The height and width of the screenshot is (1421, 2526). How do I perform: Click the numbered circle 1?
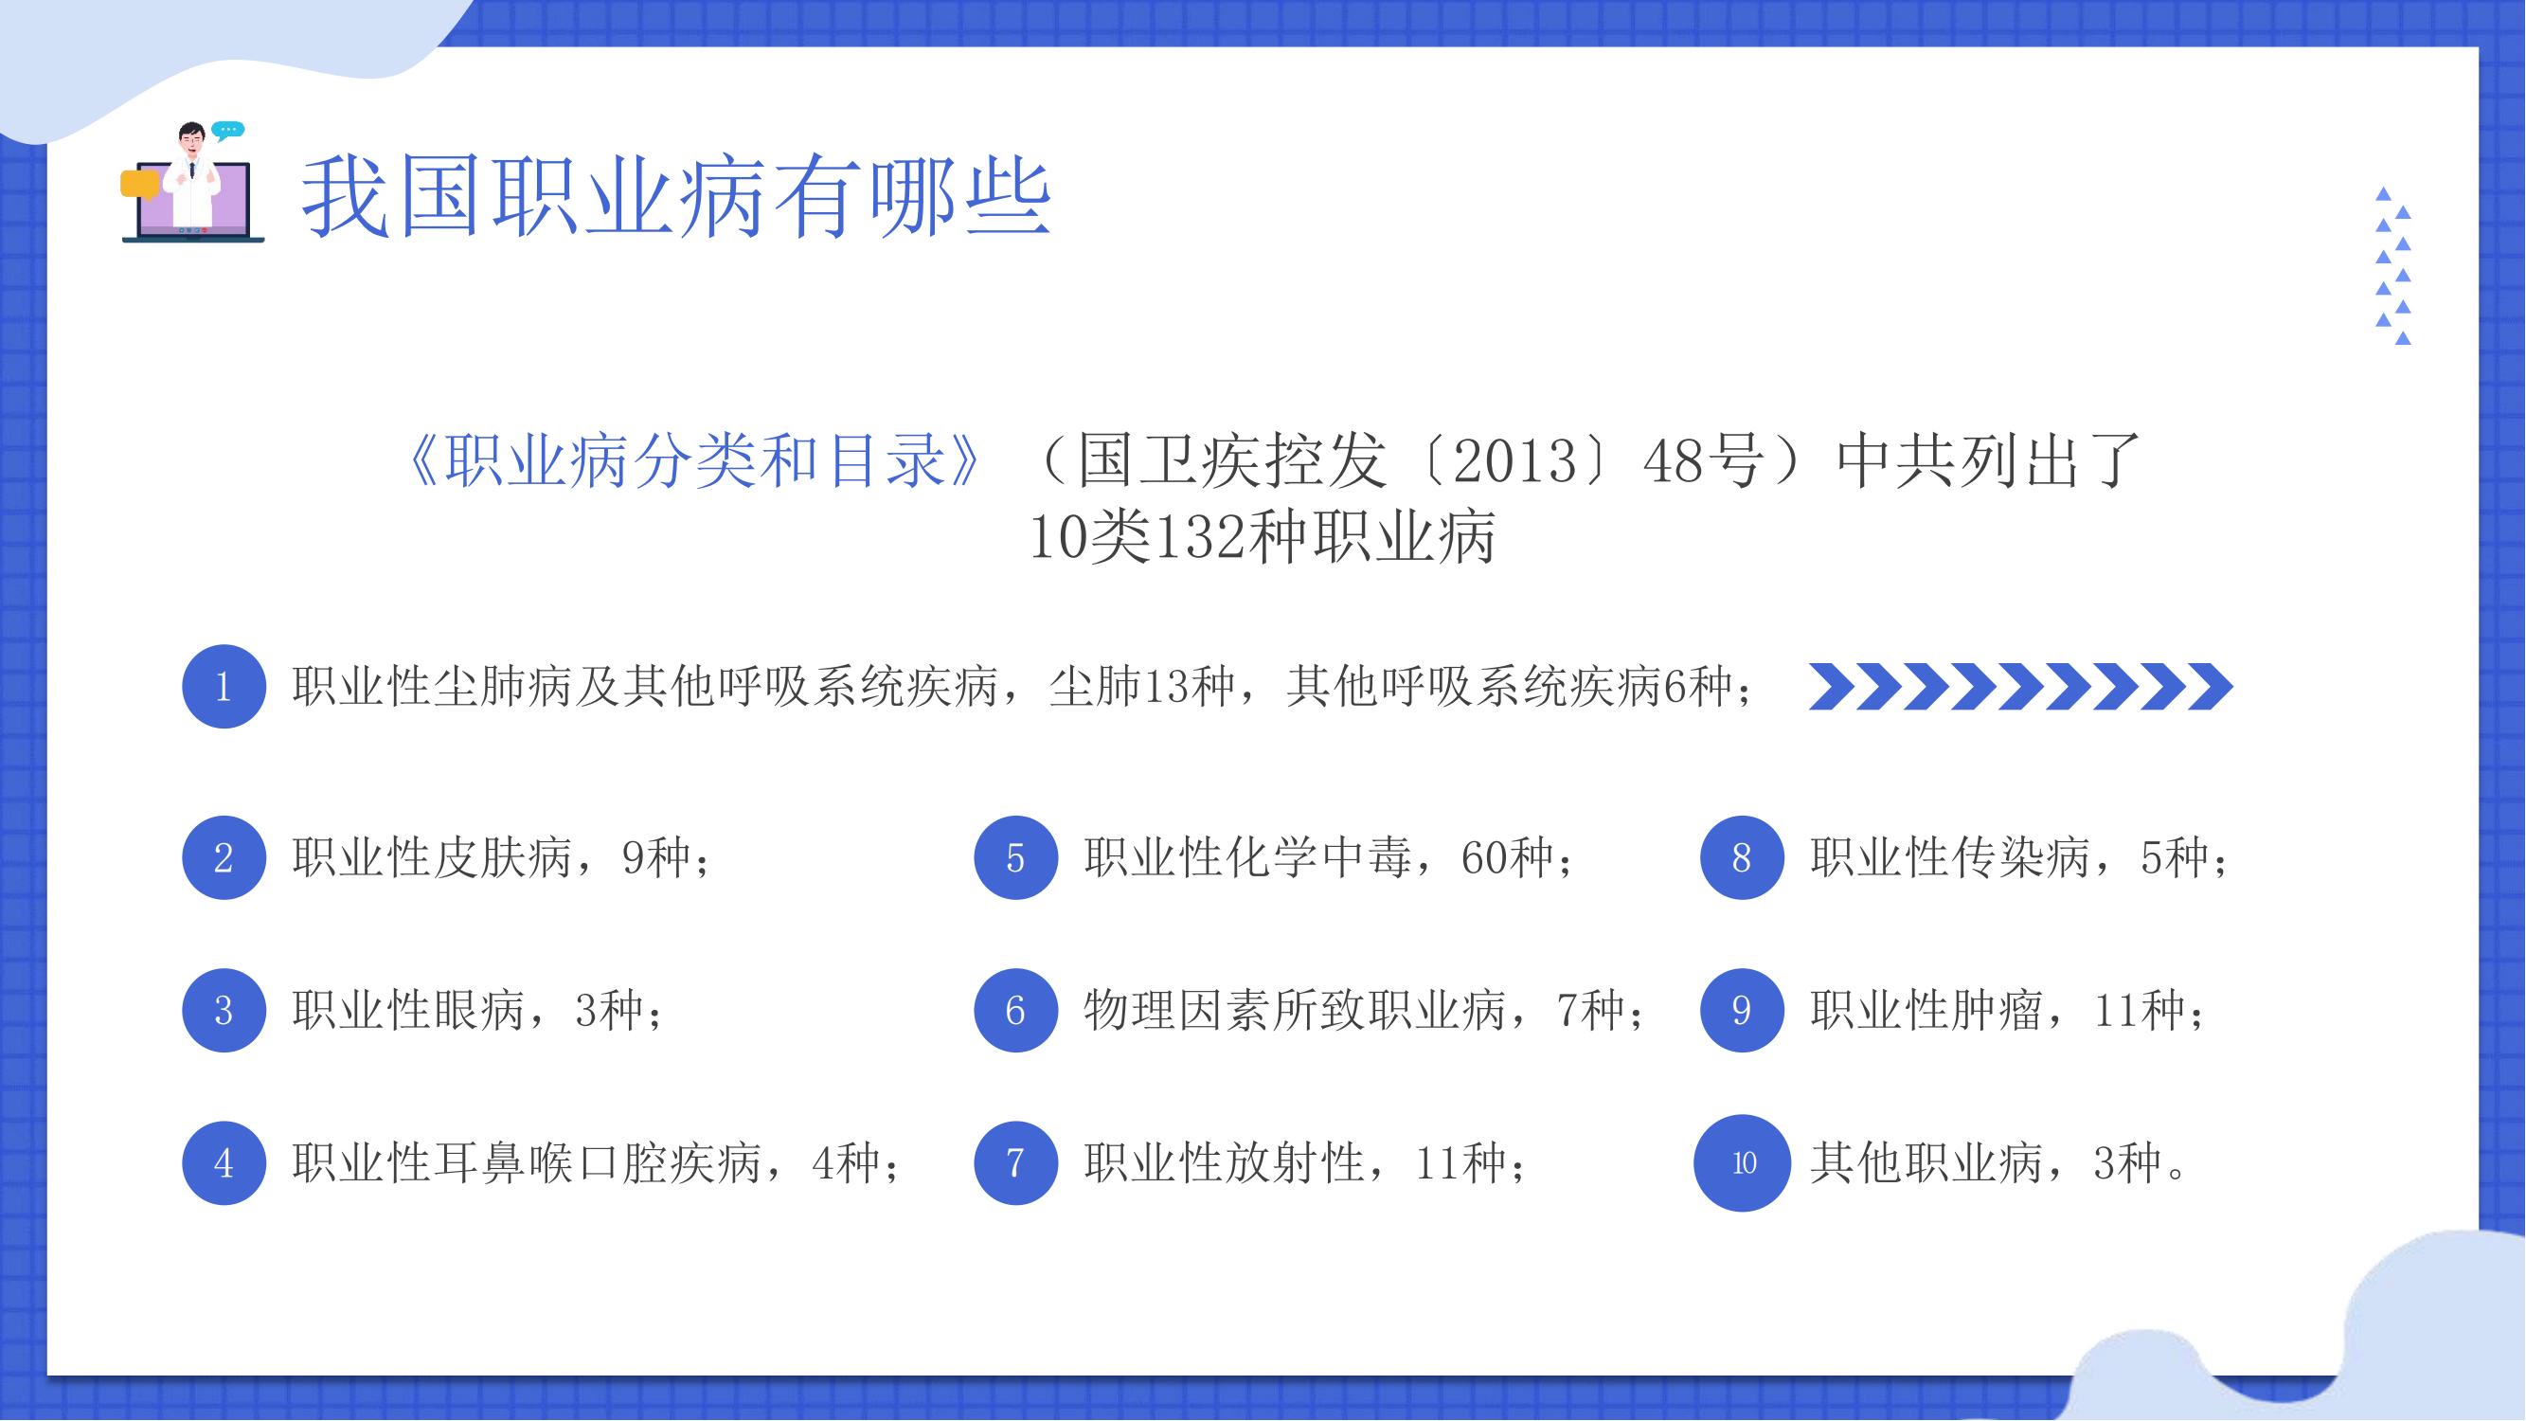pyautogui.click(x=224, y=686)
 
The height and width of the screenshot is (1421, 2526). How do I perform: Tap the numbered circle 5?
pyautogui.click(x=1016, y=858)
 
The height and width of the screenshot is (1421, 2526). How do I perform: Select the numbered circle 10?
pyautogui.click(x=1743, y=1163)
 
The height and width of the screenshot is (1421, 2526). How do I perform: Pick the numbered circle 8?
pyautogui.click(x=1742, y=858)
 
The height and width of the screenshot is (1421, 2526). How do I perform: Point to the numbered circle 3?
pyautogui.click(x=224, y=1010)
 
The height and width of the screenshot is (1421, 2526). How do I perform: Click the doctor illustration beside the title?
pyautogui.click(x=192, y=183)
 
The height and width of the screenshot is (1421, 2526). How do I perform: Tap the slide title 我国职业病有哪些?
pyautogui.click(x=675, y=199)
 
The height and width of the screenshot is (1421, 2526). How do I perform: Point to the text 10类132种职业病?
pyautogui.click(x=1263, y=537)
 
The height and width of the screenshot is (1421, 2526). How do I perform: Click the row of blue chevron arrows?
pyautogui.click(x=2021, y=686)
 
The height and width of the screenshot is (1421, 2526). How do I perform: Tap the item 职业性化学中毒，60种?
pyautogui.click(x=1329, y=858)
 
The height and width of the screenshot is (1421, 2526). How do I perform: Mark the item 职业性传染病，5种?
pyautogui.click(x=2019, y=858)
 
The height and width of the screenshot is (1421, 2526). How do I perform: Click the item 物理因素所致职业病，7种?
pyautogui.click(x=1364, y=1010)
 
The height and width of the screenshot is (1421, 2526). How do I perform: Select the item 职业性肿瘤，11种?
pyautogui.click(x=2007, y=1010)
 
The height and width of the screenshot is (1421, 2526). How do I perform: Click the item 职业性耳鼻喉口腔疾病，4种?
pyautogui.click(x=595, y=1163)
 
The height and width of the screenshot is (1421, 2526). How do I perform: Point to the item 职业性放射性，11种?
pyautogui.click(x=1305, y=1163)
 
